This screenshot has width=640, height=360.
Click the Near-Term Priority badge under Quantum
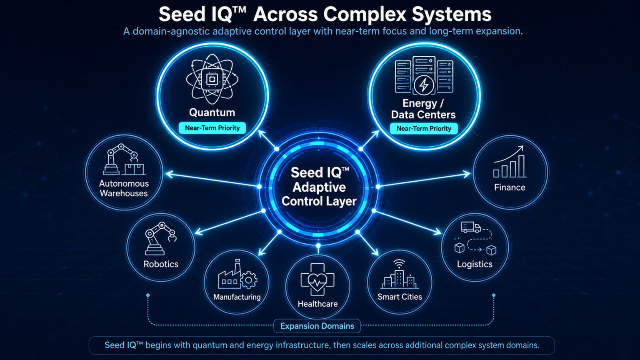tap(212, 128)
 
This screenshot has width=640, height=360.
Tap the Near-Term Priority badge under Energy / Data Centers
tap(424, 129)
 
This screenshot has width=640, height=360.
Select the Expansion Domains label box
tap(317, 326)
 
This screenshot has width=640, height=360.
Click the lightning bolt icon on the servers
tap(424, 85)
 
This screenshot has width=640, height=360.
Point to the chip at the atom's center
tap(212, 79)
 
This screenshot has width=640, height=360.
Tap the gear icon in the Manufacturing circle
tap(249, 280)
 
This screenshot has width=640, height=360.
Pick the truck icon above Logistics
tap(471, 227)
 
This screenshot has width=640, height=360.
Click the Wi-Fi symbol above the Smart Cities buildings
tap(399, 263)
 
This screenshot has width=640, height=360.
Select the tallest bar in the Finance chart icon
tap(521, 166)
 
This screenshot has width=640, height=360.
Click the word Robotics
tap(161, 264)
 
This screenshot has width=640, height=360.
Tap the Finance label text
tap(510, 187)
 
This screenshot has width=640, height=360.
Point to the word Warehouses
tap(124, 193)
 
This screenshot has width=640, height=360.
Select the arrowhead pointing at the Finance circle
tap(467, 174)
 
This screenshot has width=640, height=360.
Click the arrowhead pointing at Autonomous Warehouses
tap(170, 174)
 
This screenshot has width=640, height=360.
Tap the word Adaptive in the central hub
tap(319, 187)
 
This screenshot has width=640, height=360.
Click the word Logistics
tap(475, 264)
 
